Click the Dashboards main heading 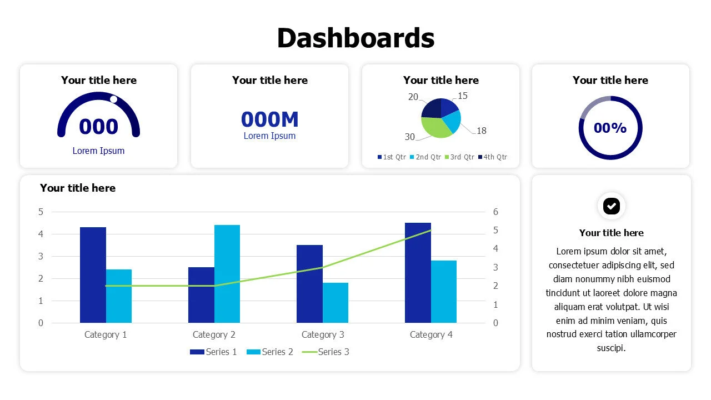355,38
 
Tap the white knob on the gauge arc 113,99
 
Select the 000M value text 269,119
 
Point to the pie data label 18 481,131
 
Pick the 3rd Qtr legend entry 459,157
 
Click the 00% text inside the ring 610,128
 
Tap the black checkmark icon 611,206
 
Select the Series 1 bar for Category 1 93,275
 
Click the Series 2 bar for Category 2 227,274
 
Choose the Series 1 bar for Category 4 418,273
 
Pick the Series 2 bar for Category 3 336,303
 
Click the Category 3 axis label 323,334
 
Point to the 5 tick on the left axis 41,212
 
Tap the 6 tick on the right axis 495,212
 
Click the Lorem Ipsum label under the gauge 98,151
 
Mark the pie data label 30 410,137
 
